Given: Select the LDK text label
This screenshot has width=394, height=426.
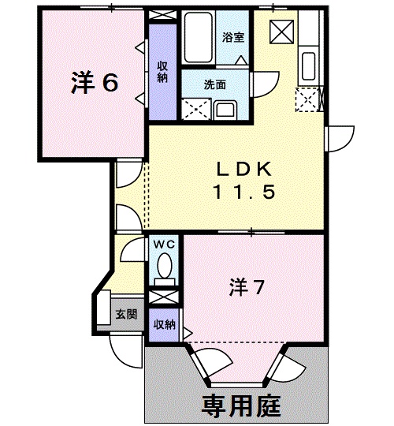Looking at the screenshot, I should [x=243, y=168].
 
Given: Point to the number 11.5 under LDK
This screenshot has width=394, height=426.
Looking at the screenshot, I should [x=243, y=192].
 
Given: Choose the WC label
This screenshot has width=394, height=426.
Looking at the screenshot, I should [x=164, y=244].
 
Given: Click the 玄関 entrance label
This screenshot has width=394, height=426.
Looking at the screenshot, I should [x=126, y=313].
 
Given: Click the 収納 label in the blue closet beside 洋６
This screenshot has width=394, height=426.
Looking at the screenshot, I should [x=162, y=72].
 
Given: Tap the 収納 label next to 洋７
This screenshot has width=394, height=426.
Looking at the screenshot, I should [x=164, y=324].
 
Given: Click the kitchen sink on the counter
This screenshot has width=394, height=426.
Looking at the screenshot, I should [x=308, y=63].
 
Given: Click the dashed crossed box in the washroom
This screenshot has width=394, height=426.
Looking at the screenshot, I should [x=192, y=109].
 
